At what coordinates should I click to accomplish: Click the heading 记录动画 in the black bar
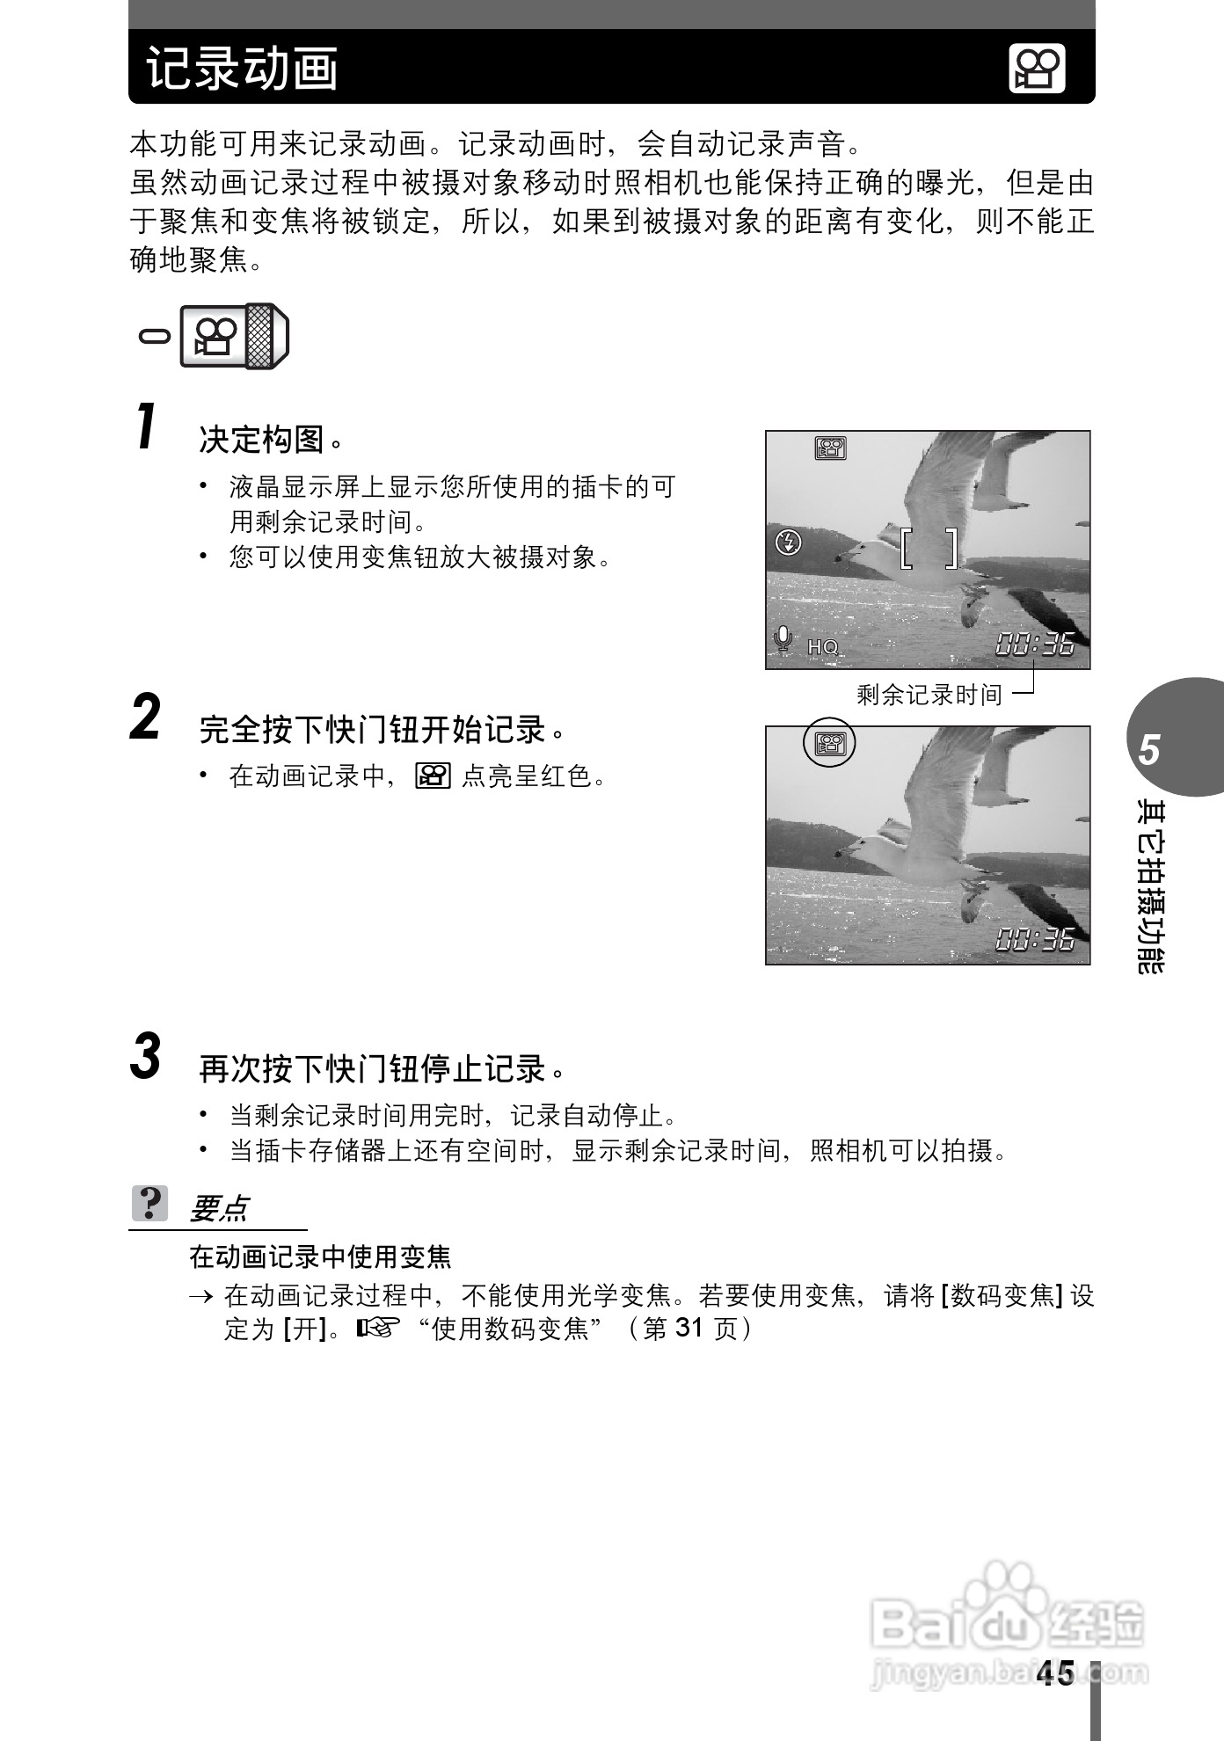(243, 69)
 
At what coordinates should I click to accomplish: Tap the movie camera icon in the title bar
(1037, 69)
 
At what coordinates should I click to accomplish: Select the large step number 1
(148, 427)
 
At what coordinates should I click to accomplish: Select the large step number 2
(146, 718)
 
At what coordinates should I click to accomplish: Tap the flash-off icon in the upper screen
(789, 542)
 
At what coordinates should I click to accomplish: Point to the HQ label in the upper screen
(823, 647)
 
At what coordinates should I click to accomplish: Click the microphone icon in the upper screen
(783, 639)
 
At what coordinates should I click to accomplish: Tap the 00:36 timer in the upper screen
(1035, 645)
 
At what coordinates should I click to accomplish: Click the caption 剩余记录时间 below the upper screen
(929, 696)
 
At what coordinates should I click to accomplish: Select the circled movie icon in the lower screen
(829, 744)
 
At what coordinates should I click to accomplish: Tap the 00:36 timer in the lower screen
(1035, 940)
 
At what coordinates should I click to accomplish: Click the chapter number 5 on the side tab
(1149, 750)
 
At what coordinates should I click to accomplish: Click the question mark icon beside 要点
(150, 1203)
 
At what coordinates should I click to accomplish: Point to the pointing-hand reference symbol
(378, 1327)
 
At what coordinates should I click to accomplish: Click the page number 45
(1055, 1673)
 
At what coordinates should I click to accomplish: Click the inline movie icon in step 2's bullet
(433, 776)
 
